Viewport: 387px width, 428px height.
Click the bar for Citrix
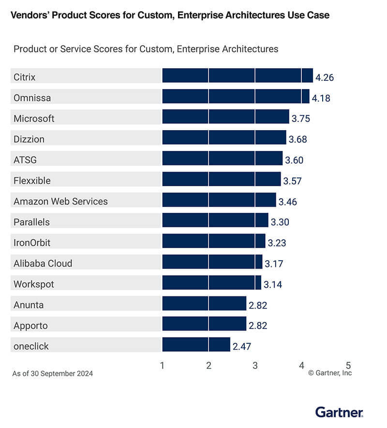(237, 76)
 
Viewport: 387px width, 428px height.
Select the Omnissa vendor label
(32, 98)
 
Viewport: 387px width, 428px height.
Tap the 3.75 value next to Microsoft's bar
(300, 118)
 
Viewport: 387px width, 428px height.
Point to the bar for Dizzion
(224, 138)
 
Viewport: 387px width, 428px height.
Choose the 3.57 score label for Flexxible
(293, 181)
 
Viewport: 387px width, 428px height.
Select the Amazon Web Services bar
(219, 200)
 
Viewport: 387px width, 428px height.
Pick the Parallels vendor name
(31, 222)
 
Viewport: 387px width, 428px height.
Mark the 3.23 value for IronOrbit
(277, 243)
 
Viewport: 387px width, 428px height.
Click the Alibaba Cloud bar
(212, 262)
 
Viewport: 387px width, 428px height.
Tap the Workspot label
(34, 284)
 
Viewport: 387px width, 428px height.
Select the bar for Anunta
(204, 304)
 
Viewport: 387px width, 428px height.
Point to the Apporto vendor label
(30, 325)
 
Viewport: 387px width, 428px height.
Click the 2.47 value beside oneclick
(242, 346)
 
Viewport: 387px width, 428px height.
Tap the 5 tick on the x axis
(348, 366)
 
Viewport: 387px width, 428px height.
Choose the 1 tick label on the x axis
(162, 366)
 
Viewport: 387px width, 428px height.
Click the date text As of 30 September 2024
(52, 373)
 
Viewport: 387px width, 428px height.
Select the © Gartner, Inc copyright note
(330, 373)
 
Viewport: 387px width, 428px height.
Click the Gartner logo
(339, 412)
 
